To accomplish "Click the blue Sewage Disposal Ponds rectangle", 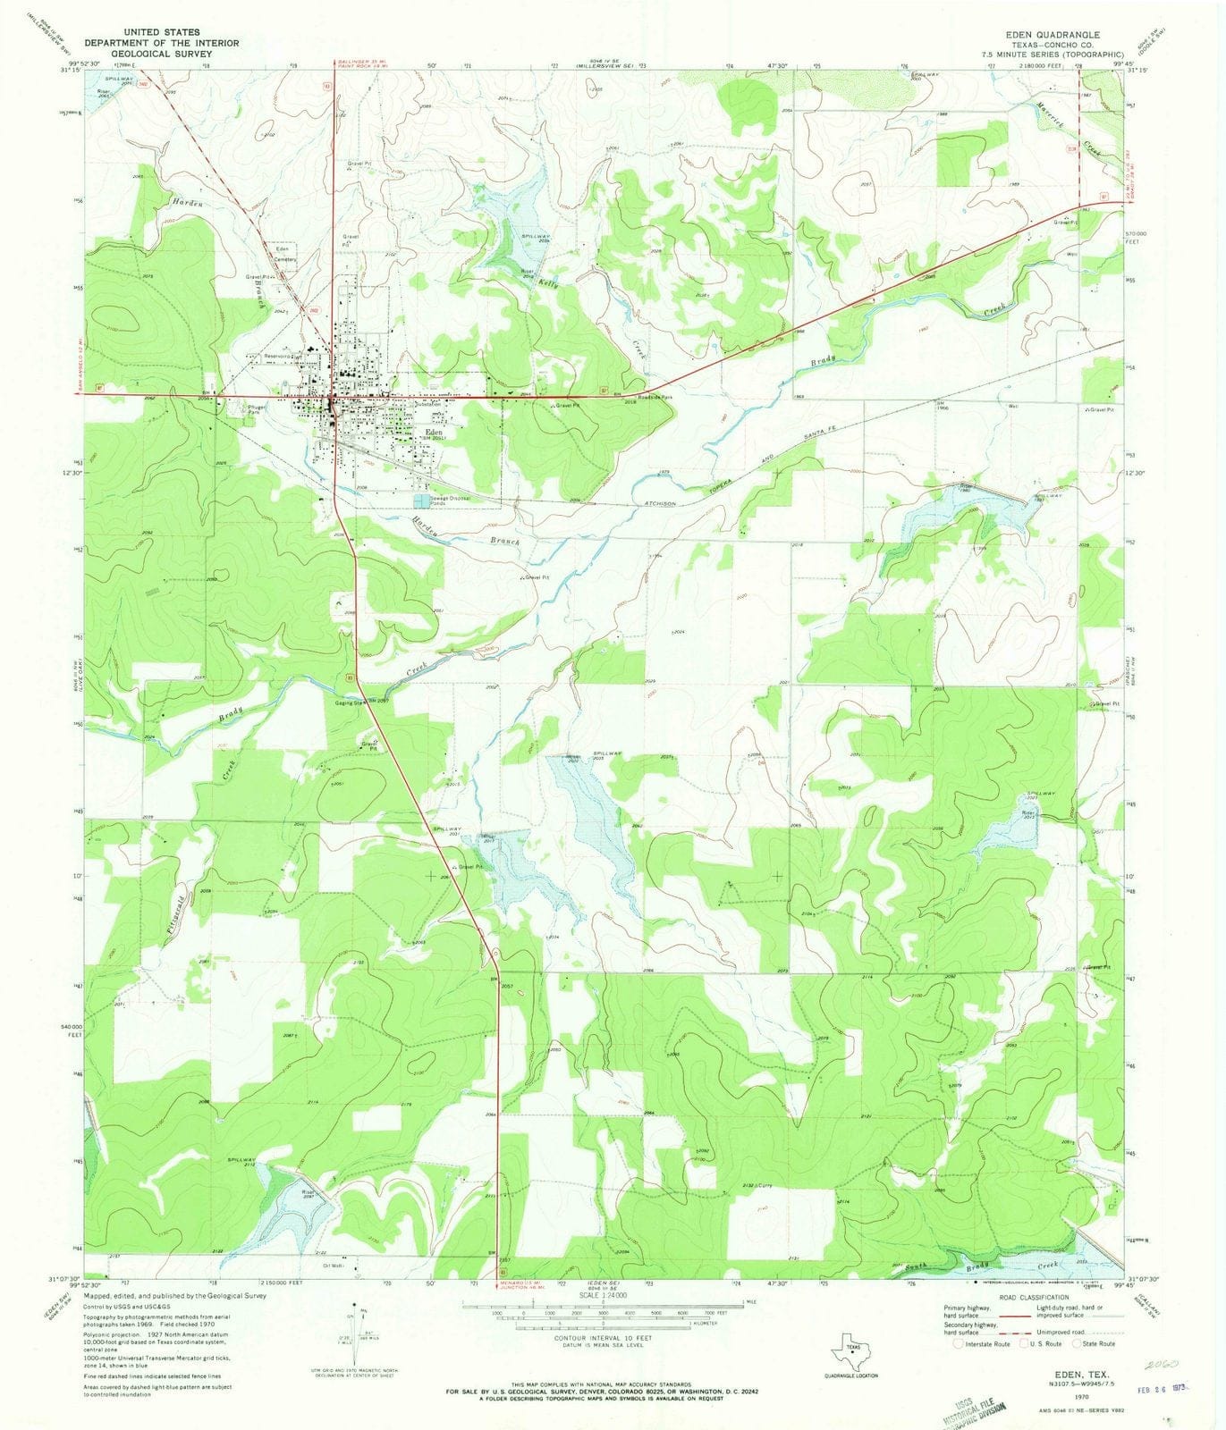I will coord(420,499).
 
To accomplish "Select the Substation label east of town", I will coord(427,404).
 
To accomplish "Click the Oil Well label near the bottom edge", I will coord(334,1265).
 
